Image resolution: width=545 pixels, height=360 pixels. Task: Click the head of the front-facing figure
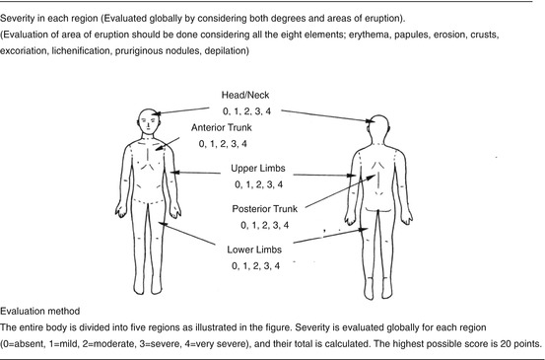tap(146, 121)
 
